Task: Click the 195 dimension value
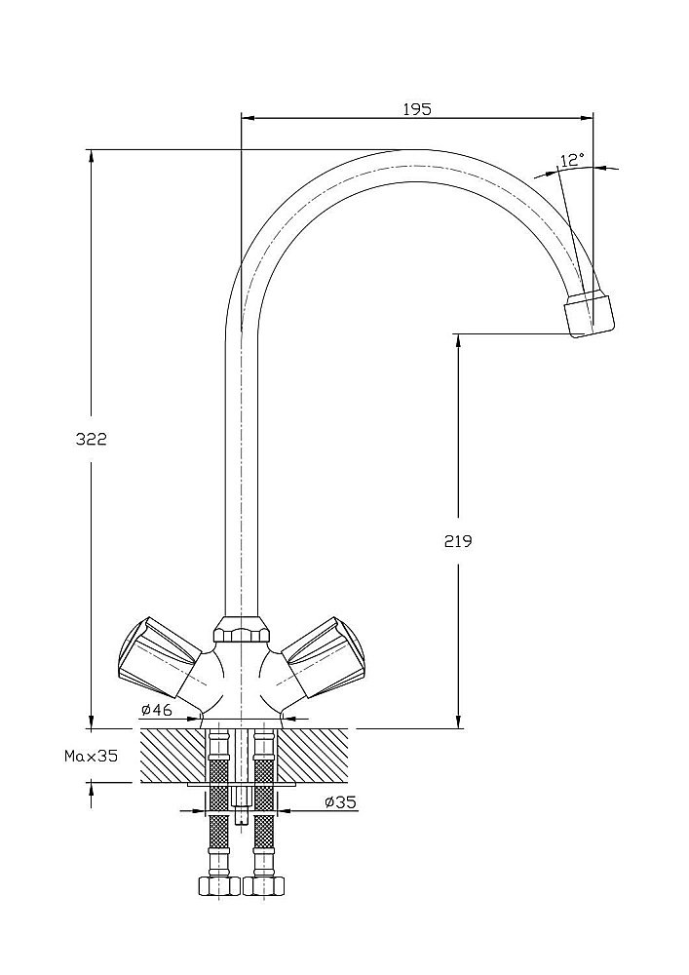click(x=416, y=109)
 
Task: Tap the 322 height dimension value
click(x=91, y=439)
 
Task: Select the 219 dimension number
click(x=457, y=541)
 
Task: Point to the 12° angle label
click(x=572, y=159)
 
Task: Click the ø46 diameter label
click(x=157, y=709)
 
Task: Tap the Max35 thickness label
click(x=91, y=756)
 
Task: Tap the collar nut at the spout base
click(x=240, y=630)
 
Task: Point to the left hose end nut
click(x=217, y=886)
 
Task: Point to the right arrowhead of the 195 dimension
click(x=588, y=118)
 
